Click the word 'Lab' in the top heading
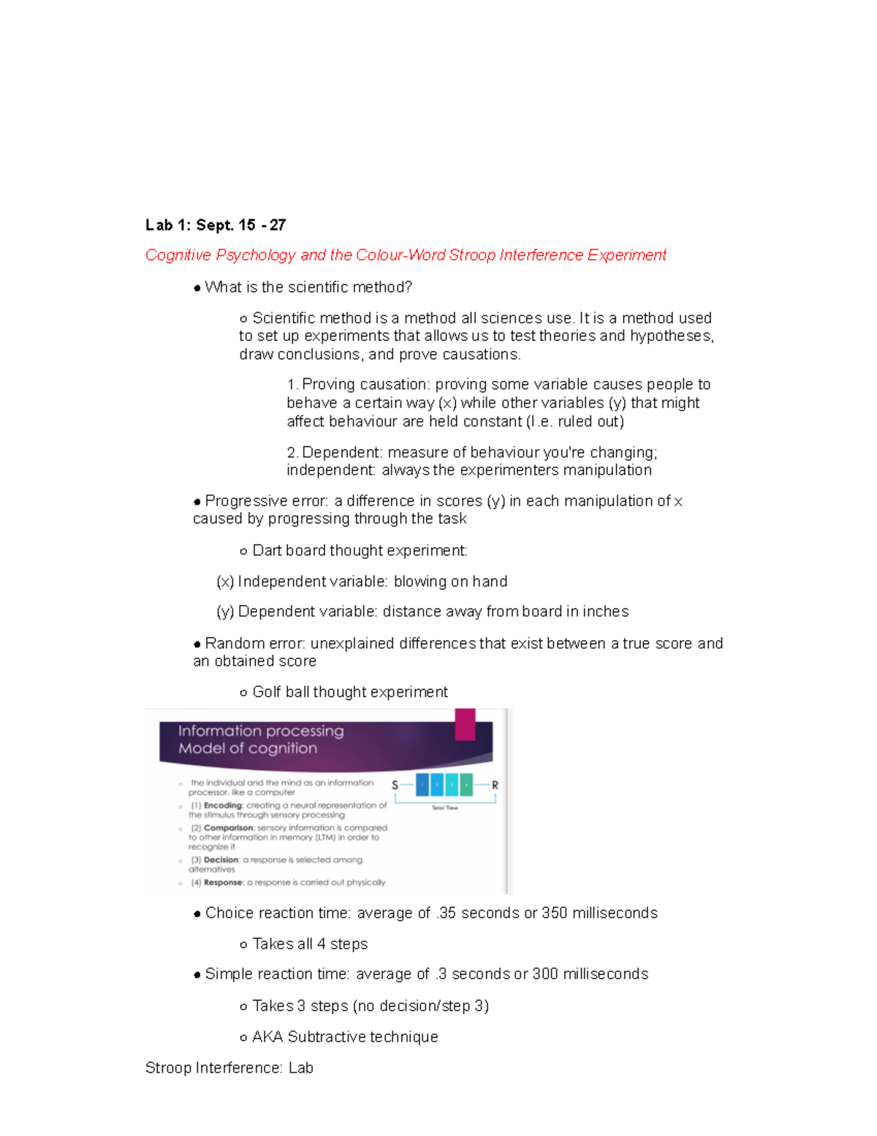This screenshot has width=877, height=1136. tap(159, 225)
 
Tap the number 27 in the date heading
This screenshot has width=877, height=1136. tap(278, 225)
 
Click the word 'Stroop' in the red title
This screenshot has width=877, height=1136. tap(471, 255)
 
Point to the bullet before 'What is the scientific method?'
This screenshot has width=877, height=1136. tap(197, 288)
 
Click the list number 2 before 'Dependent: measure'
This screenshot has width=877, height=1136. tap(292, 453)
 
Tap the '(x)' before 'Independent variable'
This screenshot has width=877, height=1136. tap(225, 582)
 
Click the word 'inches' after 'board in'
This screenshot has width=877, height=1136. tap(606, 612)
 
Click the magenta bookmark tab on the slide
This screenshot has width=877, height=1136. tap(465, 723)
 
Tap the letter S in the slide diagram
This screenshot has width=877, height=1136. tap(395, 785)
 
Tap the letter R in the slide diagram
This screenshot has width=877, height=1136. tap(495, 785)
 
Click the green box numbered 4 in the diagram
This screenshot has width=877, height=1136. tap(466, 785)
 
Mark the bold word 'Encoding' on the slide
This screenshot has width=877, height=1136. tap(223, 805)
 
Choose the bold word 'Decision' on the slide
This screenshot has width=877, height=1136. tap(221, 860)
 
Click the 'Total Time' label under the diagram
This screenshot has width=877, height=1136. tap(444, 808)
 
